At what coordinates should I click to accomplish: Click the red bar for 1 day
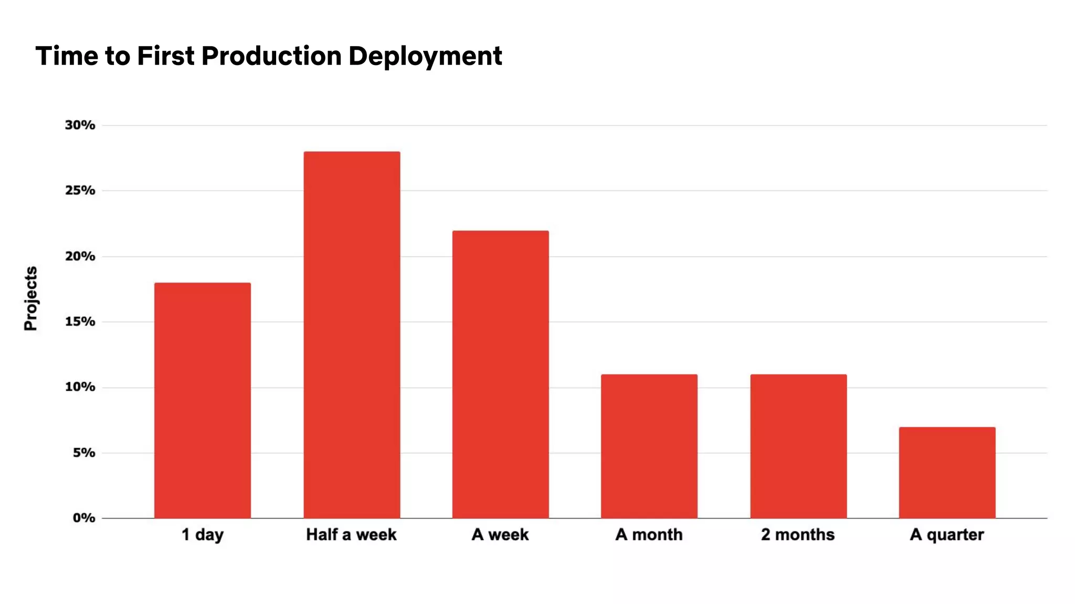(203, 401)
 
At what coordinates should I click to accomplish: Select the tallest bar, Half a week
(352, 335)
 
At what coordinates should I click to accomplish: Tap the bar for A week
(501, 374)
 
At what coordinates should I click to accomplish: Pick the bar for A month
(649, 446)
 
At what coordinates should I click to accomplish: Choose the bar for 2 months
(798, 446)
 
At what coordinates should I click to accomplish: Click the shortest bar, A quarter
(947, 472)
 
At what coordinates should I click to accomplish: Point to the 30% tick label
(80, 125)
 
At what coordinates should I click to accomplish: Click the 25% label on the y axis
(80, 191)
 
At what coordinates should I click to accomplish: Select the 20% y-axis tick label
(80, 256)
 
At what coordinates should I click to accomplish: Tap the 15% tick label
(80, 322)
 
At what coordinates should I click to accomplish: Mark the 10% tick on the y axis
(80, 387)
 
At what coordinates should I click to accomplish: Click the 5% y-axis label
(83, 453)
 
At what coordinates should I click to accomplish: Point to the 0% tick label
(83, 519)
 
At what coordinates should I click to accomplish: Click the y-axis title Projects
(31, 298)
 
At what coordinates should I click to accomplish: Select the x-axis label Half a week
(351, 535)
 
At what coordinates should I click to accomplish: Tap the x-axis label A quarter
(947, 535)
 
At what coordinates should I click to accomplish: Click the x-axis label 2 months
(798, 535)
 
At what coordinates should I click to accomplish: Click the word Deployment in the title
(425, 56)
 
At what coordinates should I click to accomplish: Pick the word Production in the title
(271, 56)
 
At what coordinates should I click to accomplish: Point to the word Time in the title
(67, 56)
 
